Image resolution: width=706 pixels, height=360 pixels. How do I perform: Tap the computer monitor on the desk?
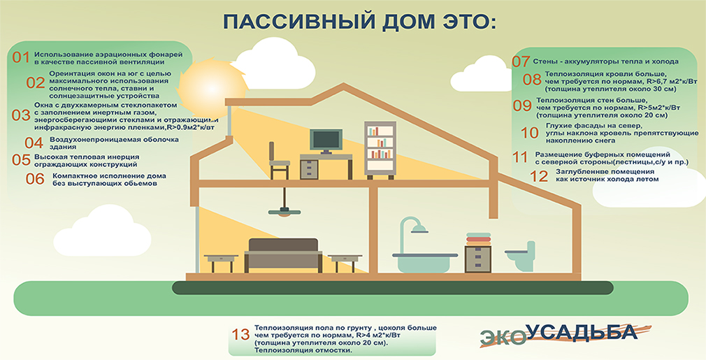(x=326, y=142)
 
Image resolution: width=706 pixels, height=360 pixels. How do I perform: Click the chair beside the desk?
(x=278, y=161)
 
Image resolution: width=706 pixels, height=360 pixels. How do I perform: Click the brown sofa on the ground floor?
(x=283, y=254)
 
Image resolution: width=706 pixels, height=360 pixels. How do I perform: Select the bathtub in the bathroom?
(x=425, y=262)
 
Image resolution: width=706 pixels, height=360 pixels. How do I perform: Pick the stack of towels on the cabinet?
(x=478, y=239)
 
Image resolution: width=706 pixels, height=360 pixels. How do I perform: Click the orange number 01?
(x=21, y=57)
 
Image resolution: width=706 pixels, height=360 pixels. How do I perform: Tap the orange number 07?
(x=521, y=62)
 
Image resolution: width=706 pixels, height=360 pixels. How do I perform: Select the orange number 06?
(x=35, y=179)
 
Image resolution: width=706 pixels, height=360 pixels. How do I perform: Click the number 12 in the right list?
(x=539, y=176)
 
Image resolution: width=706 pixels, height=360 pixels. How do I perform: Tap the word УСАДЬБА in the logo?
(x=583, y=332)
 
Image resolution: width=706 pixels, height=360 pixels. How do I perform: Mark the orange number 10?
(x=530, y=133)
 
